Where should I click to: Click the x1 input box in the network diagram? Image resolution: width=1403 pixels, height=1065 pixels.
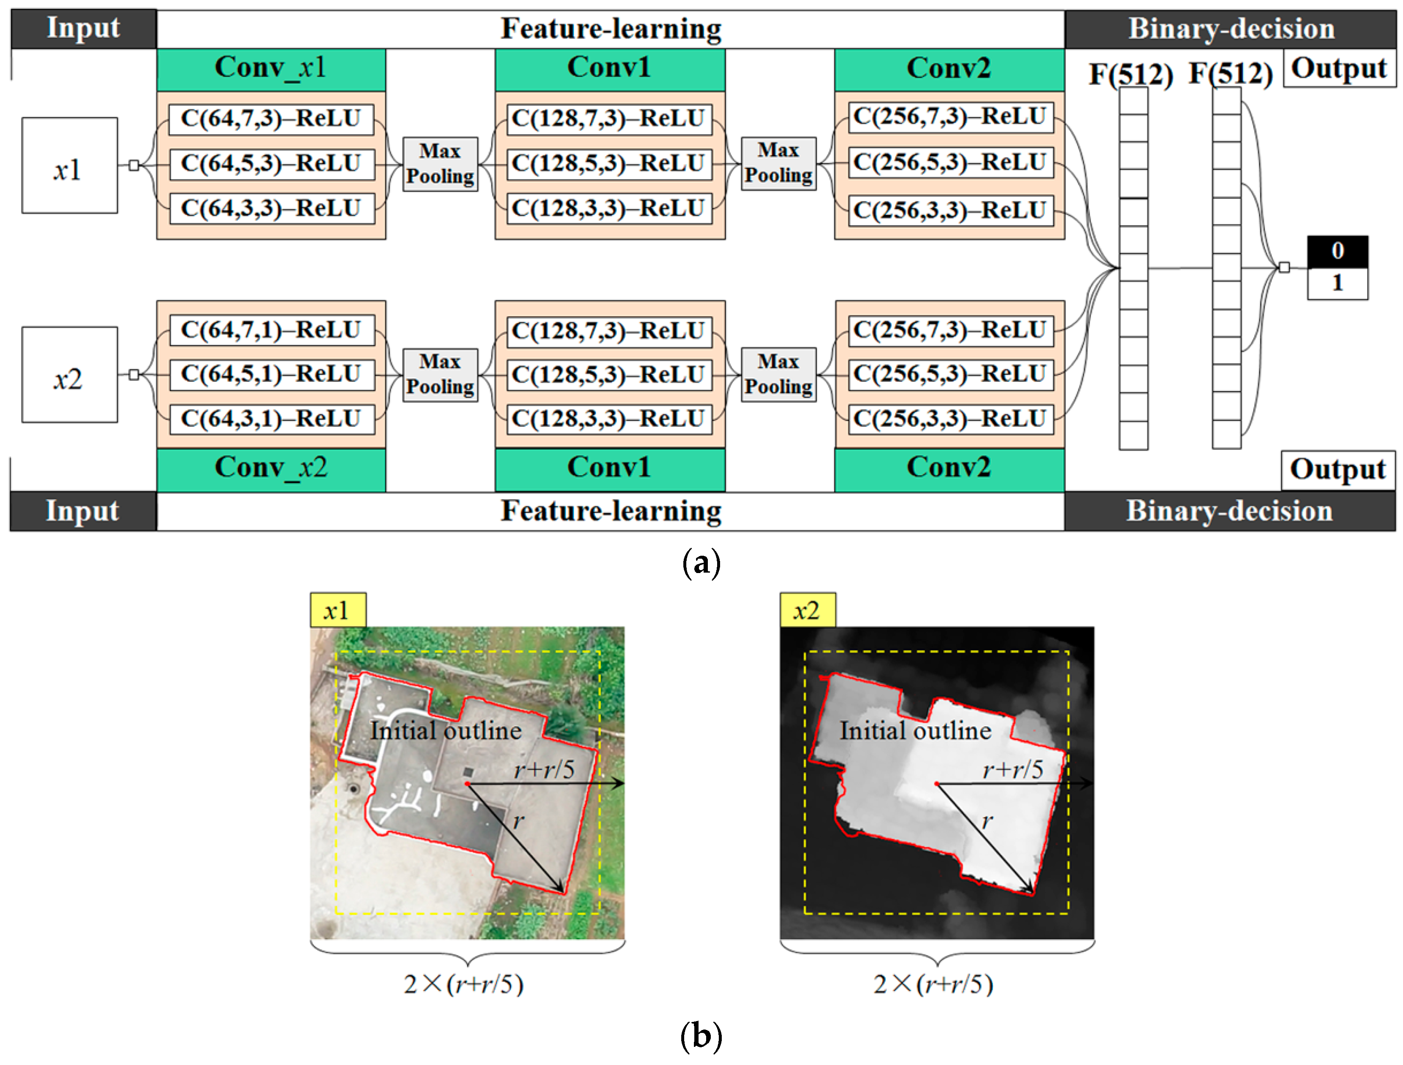(69, 166)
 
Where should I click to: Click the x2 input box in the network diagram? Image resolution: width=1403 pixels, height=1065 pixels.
(69, 375)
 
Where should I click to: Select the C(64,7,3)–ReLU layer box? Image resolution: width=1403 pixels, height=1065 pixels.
(272, 119)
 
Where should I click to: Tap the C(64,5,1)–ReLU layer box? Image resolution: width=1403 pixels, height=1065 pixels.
(272, 374)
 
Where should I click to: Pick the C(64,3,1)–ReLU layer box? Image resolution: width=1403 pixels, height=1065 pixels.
(272, 418)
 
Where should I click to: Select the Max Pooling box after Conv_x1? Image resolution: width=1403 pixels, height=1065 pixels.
(440, 164)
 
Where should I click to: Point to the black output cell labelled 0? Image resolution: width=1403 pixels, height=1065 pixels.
(1337, 251)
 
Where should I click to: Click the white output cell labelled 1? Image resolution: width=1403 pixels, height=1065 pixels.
(1337, 283)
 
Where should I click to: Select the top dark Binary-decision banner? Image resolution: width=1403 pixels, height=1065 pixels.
(1231, 29)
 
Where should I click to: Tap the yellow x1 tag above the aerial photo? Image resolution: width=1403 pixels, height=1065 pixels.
(337, 611)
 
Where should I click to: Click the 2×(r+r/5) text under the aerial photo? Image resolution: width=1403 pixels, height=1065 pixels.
(464, 984)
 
